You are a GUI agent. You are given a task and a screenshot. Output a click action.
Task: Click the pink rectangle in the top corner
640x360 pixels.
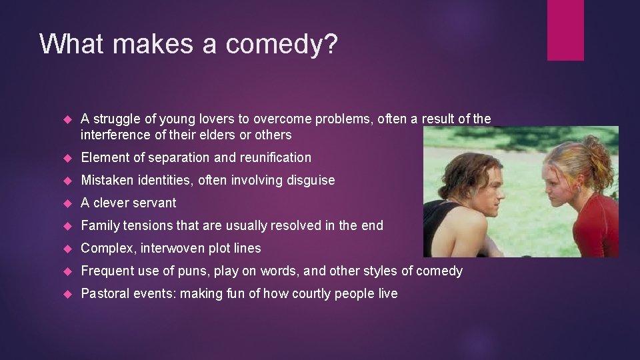565,30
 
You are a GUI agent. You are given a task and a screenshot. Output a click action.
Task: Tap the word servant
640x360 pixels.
154,203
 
